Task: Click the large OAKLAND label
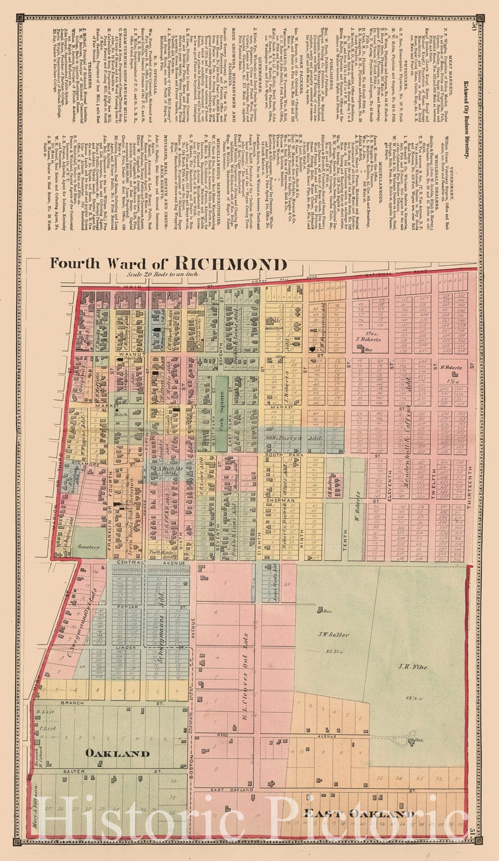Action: coord(117,753)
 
